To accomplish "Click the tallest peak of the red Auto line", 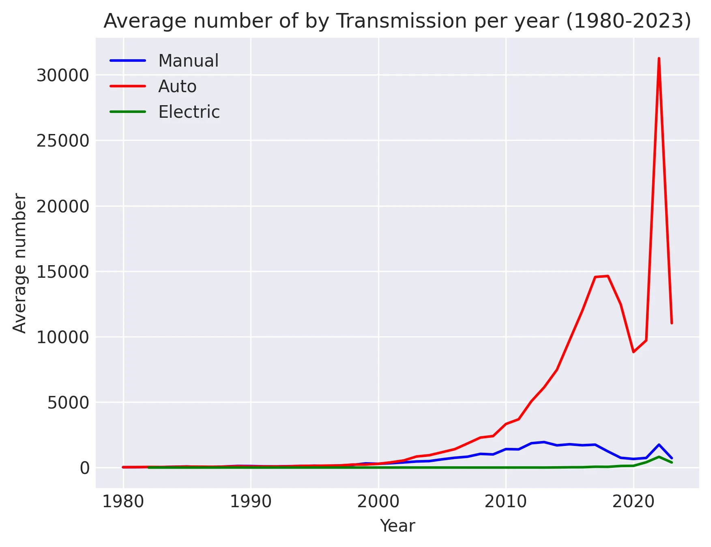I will point(659,58).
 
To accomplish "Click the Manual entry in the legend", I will point(188,61).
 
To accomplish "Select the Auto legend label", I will point(177,86).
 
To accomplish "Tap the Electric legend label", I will point(189,112).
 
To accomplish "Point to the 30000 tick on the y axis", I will point(62,76).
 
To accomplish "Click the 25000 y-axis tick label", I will point(62,141).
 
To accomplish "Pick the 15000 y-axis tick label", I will point(62,272).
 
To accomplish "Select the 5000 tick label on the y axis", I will point(68,403).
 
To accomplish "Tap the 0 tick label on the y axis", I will point(84,468).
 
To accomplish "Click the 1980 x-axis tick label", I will point(123,502).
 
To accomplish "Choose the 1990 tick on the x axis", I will point(251,502).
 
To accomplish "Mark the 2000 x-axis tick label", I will point(378,502).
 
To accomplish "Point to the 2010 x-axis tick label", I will point(506,502).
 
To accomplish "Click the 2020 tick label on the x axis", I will point(633,502).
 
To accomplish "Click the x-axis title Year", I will point(397,526).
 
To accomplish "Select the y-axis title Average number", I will point(19,263).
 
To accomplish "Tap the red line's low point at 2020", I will point(633,352).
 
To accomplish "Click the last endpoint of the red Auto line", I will point(672,323).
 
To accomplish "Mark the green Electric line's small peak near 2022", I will point(659,457).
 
